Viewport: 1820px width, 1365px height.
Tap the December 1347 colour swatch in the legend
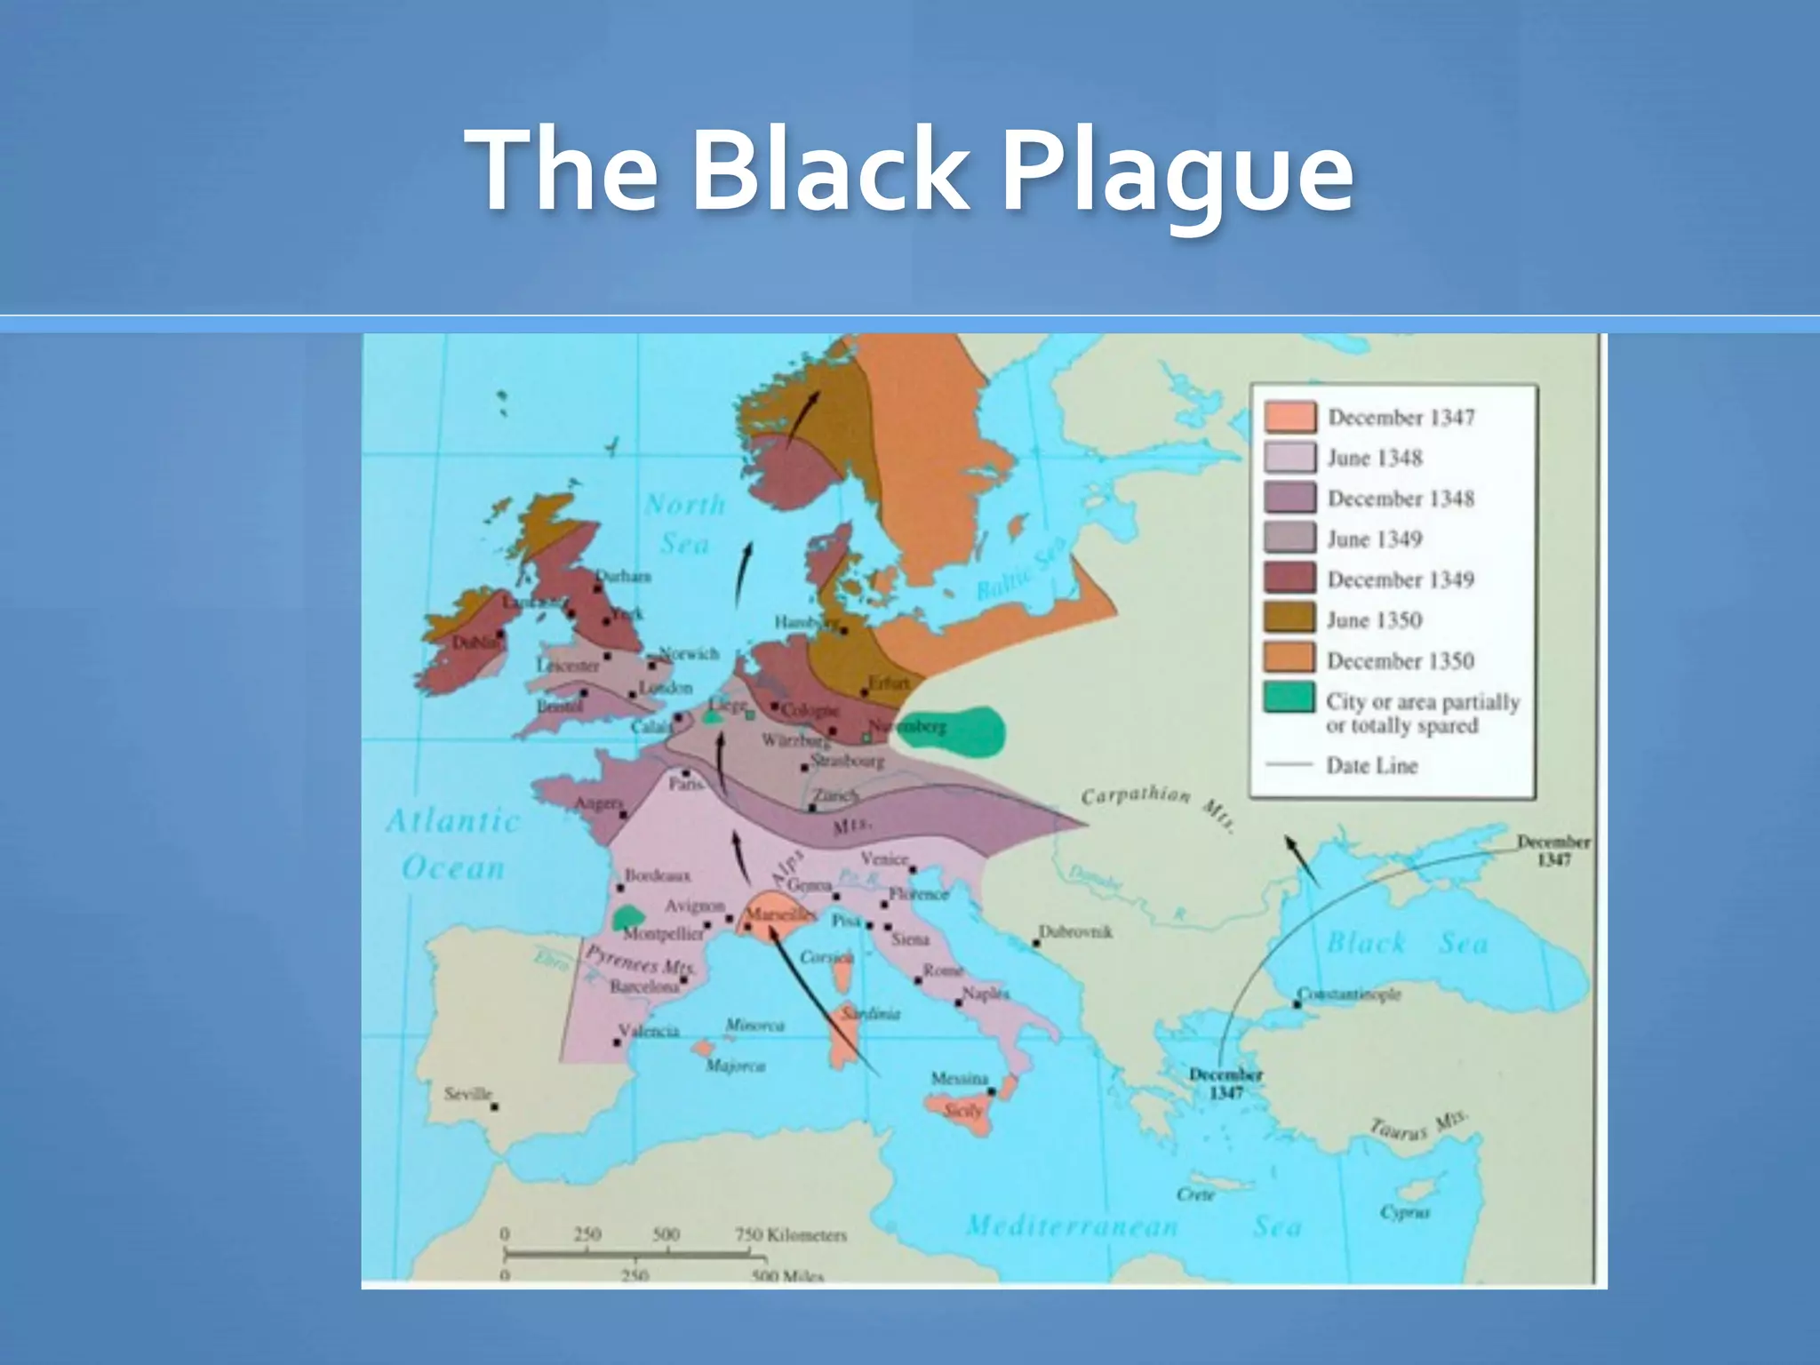tap(1289, 417)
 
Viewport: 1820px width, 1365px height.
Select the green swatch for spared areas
tap(1289, 698)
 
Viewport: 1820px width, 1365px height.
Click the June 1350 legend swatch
tap(1289, 619)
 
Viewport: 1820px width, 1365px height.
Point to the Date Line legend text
tap(1371, 765)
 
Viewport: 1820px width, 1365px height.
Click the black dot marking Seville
tap(495, 1106)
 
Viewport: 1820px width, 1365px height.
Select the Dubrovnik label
tap(1075, 932)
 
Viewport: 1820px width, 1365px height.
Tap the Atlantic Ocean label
tap(453, 843)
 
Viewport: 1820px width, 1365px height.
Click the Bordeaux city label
tap(658, 875)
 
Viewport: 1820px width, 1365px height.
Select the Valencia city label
tap(649, 1031)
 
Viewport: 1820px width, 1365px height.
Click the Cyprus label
tap(1404, 1212)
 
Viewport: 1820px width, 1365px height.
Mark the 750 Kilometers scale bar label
tap(790, 1234)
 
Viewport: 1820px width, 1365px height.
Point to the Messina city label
tap(960, 1078)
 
